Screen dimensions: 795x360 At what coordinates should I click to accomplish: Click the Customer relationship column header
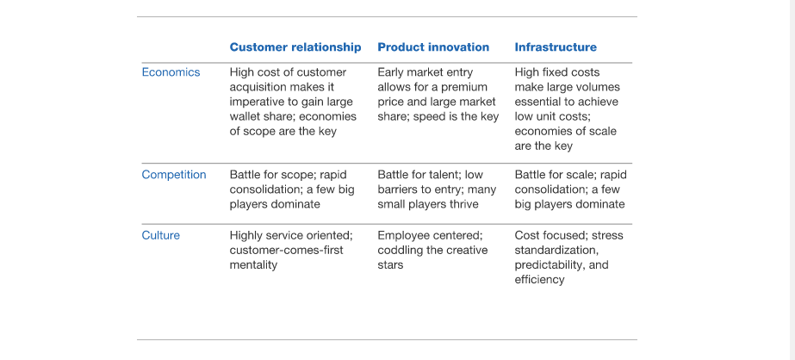coord(295,47)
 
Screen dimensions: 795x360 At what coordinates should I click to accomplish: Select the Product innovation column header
coord(433,47)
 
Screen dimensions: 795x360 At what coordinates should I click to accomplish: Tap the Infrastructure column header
coord(556,47)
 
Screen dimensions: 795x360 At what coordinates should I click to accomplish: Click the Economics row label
coord(171,72)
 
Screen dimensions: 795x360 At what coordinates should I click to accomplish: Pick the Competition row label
coord(174,175)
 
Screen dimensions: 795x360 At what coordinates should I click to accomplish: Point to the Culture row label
coord(161,236)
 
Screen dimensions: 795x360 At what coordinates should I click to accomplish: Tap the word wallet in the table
coord(245,116)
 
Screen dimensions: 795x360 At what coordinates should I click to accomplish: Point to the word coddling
coord(399,251)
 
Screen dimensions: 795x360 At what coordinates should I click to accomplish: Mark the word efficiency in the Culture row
coord(539,280)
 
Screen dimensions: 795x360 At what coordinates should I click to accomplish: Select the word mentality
coord(253,265)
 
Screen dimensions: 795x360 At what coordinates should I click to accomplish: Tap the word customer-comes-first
coord(287,251)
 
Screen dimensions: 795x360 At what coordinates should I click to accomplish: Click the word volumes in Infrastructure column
coord(601,87)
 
